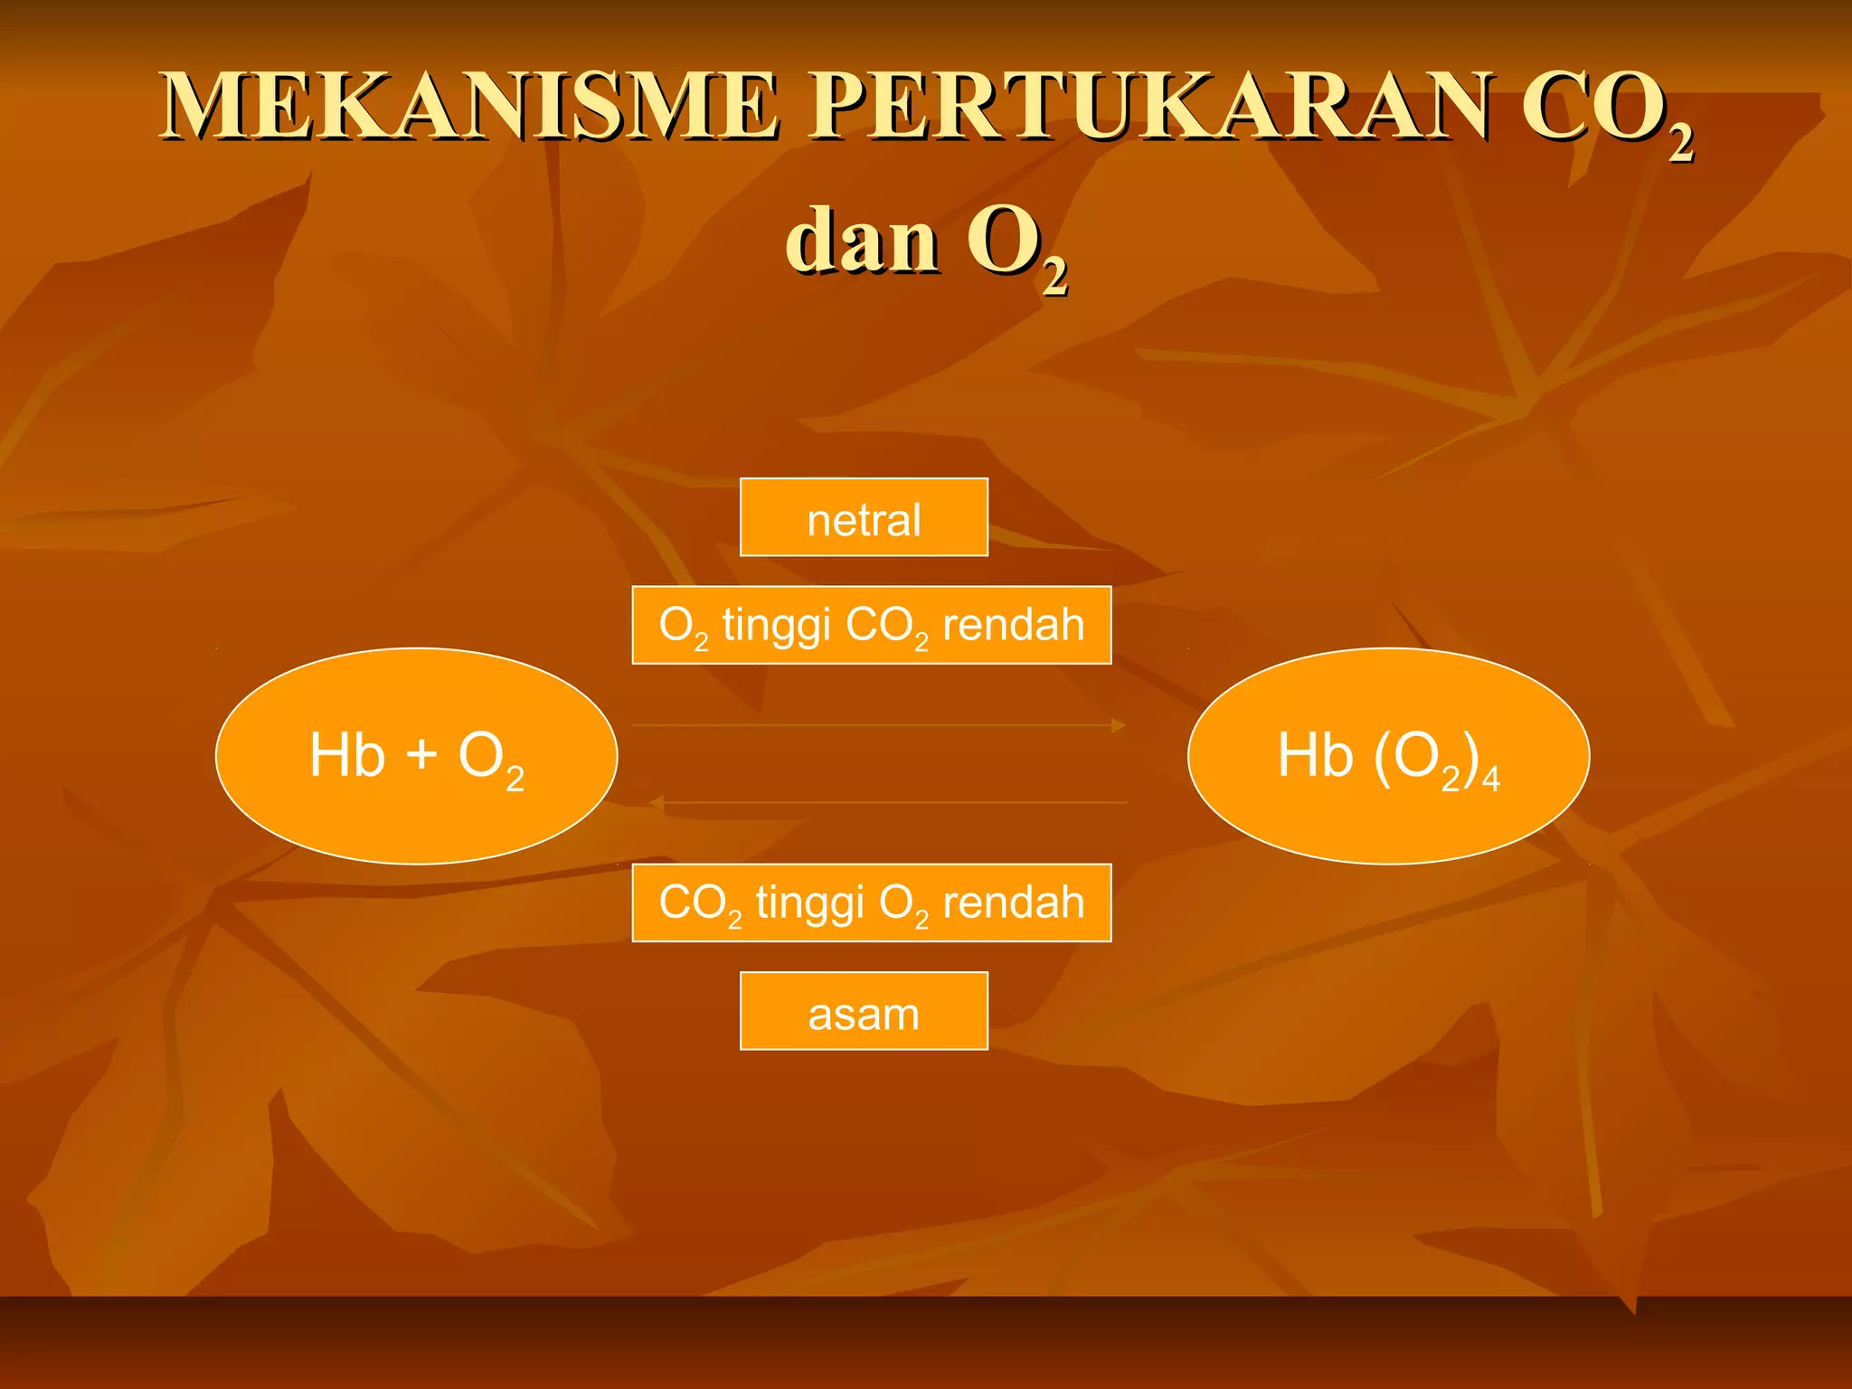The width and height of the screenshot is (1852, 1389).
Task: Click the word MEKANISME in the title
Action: pos(470,107)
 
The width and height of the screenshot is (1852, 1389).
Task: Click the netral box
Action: pos(864,517)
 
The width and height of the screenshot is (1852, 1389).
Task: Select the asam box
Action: pos(864,1011)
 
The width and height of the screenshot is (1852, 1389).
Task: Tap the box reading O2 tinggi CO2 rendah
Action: pos(871,625)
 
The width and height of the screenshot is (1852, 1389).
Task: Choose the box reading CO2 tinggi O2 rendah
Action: pos(871,902)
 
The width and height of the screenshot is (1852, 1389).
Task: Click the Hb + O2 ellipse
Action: pos(416,756)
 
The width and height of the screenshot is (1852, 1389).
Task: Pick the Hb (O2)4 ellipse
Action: pos(1388,756)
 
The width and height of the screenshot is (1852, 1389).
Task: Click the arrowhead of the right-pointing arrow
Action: pos(1119,725)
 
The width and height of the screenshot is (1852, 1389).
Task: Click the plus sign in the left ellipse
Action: pos(421,754)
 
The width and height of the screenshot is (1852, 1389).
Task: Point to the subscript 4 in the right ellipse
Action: pos(1490,778)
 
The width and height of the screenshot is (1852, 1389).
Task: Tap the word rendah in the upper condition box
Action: pos(1013,624)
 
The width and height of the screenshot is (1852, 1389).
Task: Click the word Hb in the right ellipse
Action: pos(1315,754)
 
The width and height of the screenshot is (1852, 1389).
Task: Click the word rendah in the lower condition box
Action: pos(1013,902)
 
